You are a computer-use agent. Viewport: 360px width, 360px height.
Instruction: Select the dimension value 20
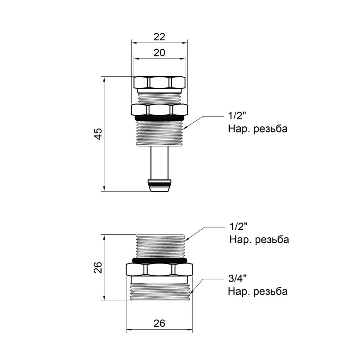click(x=159, y=53)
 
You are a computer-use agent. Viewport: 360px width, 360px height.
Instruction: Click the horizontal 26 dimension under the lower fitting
click(x=159, y=323)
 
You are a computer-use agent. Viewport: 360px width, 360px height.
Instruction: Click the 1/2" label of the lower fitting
click(x=238, y=227)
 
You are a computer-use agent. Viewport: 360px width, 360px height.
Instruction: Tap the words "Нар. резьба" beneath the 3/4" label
click(x=258, y=291)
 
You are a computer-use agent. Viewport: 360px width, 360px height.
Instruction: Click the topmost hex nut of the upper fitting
click(x=159, y=82)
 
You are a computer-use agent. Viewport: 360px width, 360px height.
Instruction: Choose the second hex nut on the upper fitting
click(x=159, y=109)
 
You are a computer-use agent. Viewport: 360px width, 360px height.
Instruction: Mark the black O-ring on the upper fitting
click(x=159, y=118)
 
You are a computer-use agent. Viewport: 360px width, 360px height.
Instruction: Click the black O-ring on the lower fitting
click(x=159, y=260)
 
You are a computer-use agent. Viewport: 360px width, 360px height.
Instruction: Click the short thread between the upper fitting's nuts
click(x=159, y=97)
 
